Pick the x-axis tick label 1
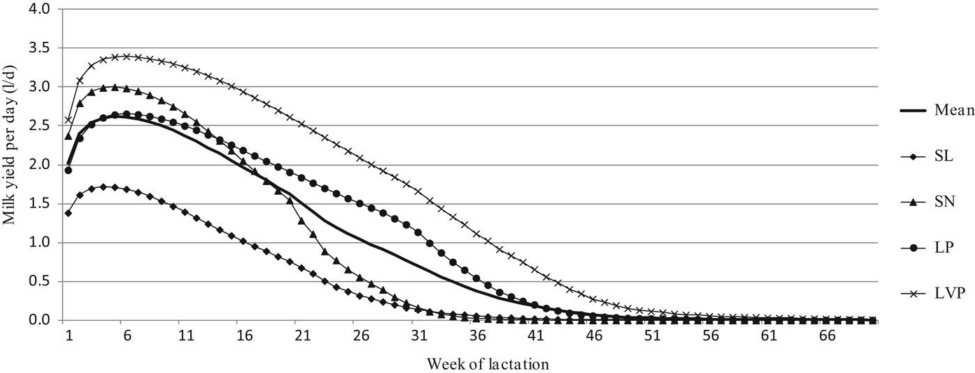[69, 335]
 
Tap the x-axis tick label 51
[651, 335]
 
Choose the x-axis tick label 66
[826, 335]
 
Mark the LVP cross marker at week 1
[68, 120]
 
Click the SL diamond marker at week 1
[68, 213]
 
